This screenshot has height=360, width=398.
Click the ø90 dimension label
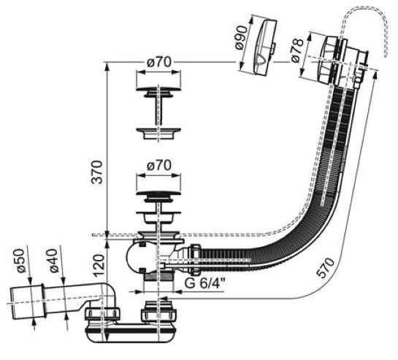coord(242,37)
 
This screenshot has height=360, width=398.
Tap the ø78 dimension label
coord(297,50)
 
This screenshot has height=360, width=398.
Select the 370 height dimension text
coord(97,172)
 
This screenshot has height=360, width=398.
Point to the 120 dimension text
coord(99,266)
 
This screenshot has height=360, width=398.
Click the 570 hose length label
coord(325,268)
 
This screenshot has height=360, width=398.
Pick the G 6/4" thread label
coord(204,283)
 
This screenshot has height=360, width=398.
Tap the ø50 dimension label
coord(21,261)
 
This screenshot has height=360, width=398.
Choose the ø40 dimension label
coord(53,261)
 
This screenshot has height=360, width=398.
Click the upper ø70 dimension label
coord(159,62)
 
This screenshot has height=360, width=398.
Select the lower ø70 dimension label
coord(159,166)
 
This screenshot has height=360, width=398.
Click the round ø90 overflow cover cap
coord(265,48)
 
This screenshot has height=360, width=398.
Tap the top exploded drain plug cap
coord(159,93)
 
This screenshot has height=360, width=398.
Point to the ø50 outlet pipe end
coord(26,302)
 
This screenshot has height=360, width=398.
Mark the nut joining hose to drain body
coord(195,260)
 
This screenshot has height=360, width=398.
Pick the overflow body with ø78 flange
coord(340,60)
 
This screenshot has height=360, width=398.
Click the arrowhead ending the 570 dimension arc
coord(162,299)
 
